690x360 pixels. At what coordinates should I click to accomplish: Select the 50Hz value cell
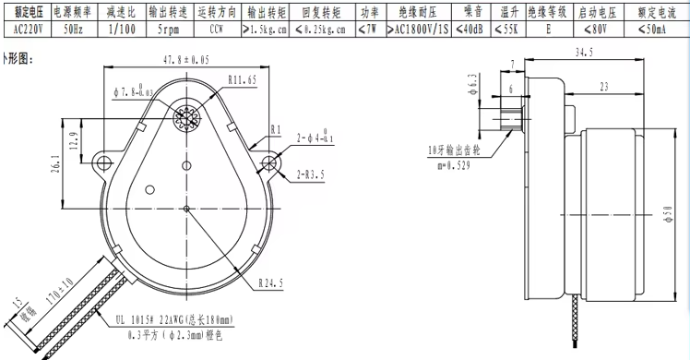73,29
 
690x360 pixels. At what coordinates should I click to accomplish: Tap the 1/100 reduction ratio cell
121,29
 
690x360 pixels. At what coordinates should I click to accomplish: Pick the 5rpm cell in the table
170,29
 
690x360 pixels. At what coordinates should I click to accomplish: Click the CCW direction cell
217,29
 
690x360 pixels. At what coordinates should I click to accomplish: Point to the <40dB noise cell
470,29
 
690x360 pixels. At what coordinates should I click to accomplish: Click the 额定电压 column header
27,12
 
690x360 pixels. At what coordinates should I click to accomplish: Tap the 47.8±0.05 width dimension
186,60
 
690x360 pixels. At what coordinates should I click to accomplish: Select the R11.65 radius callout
242,80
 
